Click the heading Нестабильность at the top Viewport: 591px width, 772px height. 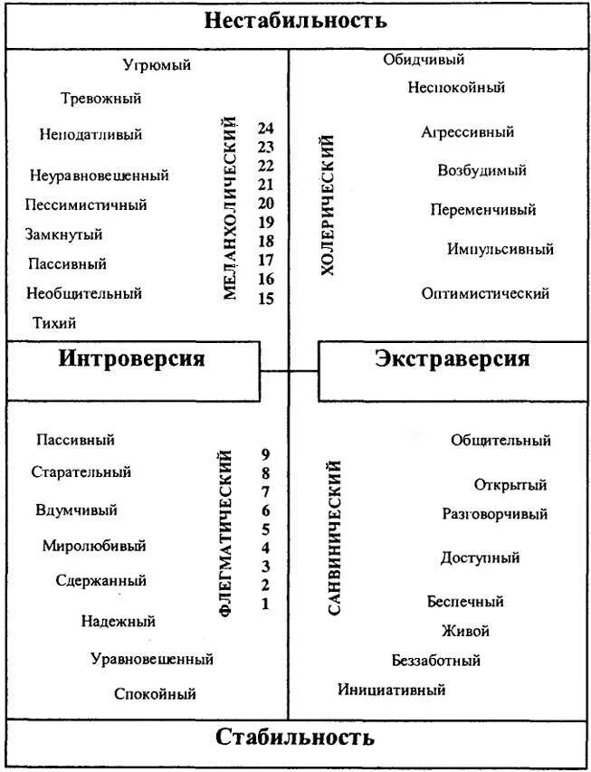[x=295, y=21]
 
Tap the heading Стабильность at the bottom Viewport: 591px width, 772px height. [x=295, y=737]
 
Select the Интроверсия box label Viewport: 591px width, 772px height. [x=132, y=359]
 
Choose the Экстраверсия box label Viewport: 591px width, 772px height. [x=452, y=359]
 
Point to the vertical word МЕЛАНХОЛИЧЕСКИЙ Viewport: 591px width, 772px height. [x=230, y=207]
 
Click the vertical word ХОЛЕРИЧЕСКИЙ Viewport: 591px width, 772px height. [x=328, y=205]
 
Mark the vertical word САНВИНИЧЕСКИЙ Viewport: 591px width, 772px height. [x=334, y=538]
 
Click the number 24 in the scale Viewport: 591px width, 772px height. [x=265, y=129]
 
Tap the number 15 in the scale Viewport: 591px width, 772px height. [x=265, y=299]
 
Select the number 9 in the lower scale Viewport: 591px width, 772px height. [x=265, y=454]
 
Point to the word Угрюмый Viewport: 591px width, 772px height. [x=157, y=65]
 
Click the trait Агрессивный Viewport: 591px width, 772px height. [x=467, y=132]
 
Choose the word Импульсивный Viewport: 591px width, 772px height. [x=500, y=249]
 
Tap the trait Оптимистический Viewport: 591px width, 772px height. [x=485, y=293]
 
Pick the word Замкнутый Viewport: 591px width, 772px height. [x=63, y=234]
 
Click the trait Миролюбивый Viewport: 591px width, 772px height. [x=93, y=546]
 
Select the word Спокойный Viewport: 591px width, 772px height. [x=155, y=694]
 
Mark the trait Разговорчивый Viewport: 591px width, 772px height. [x=494, y=514]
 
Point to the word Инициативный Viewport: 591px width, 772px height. [x=392, y=690]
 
